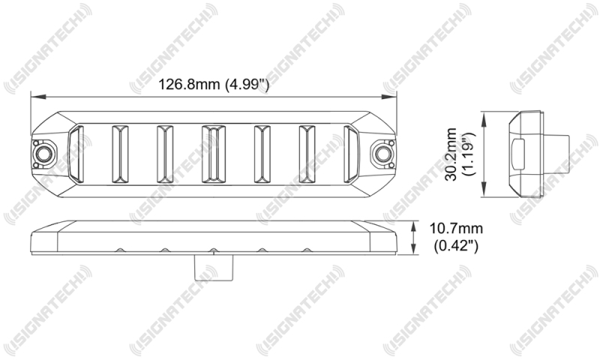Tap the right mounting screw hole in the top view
coord(383,154)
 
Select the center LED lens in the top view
coord(211,154)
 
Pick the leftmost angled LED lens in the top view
coord(75,154)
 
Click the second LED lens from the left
coord(120,154)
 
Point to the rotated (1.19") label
coord(467,153)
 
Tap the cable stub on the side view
coord(556,152)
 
